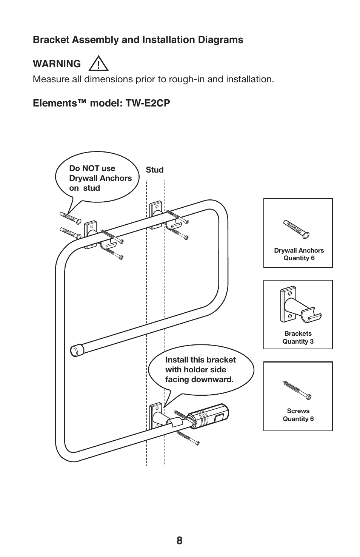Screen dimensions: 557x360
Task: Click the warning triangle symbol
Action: pos(98,64)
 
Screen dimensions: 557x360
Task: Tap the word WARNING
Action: pos(57,64)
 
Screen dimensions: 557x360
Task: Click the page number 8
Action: pos(179,541)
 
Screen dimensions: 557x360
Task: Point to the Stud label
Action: pos(155,170)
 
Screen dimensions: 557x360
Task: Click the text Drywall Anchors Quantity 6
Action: pos(298,254)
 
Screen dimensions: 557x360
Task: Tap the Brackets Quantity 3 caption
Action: pos(298,338)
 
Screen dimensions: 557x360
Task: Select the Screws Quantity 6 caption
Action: pos(298,415)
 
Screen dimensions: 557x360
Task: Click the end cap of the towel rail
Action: pos(77,350)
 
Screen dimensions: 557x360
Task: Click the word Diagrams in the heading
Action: pos(222,40)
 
